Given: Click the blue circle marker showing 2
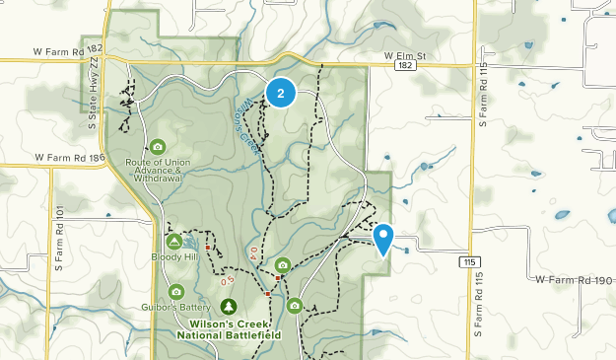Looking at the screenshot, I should click(x=282, y=94).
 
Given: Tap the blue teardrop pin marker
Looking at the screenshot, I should click(x=384, y=239).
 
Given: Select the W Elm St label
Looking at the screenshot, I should click(x=407, y=56).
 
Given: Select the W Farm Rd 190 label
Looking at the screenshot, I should click(x=575, y=280).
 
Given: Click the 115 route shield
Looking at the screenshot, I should click(x=467, y=260).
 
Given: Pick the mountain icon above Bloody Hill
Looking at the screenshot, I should click(x=174, y=242).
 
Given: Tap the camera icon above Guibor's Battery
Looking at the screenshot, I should click(x=176, y=291).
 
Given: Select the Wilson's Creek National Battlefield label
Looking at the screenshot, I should click(x=229, y=329).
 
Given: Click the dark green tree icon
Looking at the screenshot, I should click(x=229, y=306).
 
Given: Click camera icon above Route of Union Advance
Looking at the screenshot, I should click(x=157, y=146).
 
